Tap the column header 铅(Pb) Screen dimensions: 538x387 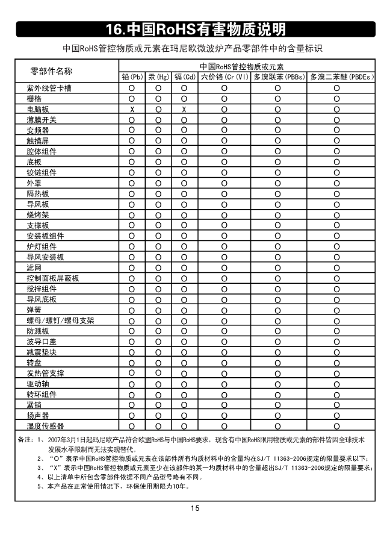click(132, 77)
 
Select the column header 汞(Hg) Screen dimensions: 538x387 click(158, 77)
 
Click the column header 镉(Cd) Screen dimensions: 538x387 click(185, 77)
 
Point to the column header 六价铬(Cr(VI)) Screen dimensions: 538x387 click(224, 77)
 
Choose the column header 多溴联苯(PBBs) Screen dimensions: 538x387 click(279, 77)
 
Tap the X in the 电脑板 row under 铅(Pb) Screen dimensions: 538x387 click(132, 109)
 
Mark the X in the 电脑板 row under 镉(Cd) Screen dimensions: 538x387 click(185, 109)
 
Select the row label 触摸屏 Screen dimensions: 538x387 click(38, 141)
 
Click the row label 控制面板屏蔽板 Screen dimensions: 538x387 click(53, 278)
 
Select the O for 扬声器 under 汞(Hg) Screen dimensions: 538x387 click(158, 415)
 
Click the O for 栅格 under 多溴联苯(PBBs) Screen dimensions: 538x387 click(278, 99)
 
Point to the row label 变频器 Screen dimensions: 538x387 click(38, 130)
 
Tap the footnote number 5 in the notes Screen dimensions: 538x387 click(39, 487)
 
